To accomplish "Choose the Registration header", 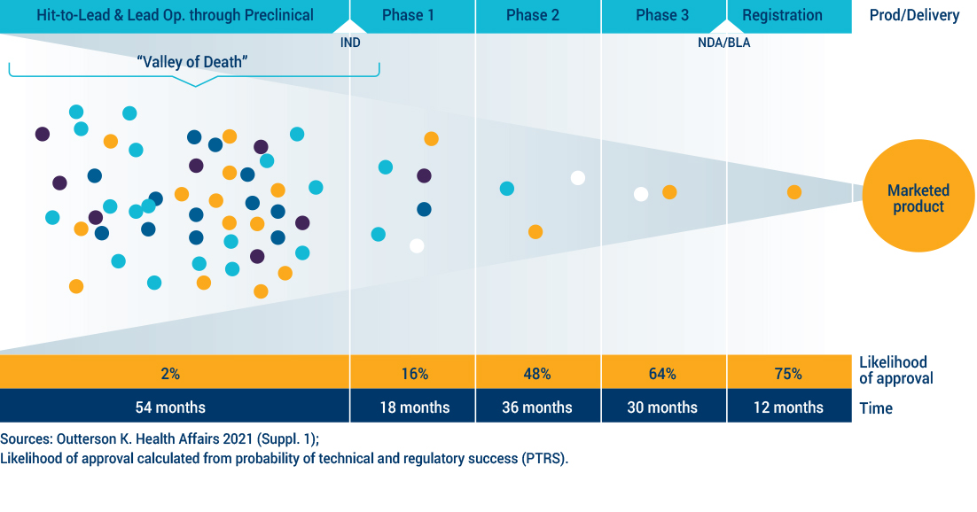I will pyautogui.click(x=782, y=15).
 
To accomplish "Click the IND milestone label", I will pyautogui.click(x=350, y=42).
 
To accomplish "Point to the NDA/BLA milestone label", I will pyautogui.click(x=723, y=42).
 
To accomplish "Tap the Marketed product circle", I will pyautogui.click(x=918, y=198).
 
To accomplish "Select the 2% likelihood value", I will pyautogui.click(x=170, y=374).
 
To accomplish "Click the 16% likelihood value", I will pyautogui.click(x=413, y=374).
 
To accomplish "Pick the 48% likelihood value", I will pyautogui.click(x=538, y=374).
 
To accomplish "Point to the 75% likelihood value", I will pyautogui.click(x=788, y=374).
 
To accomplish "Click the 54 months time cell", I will pyautogui.click(x=170, y=407).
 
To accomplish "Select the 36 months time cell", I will pyautogui.click(x=538, y=407).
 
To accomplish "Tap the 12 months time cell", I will pyautogui.click(x=788, y=407).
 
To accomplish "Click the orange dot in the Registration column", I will pyautogui.click(x=794, y=192).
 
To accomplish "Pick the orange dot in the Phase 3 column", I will pyautogui.click(x=669, y=192).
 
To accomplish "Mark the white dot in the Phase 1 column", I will pyautogui.click(x=417, y=245).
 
